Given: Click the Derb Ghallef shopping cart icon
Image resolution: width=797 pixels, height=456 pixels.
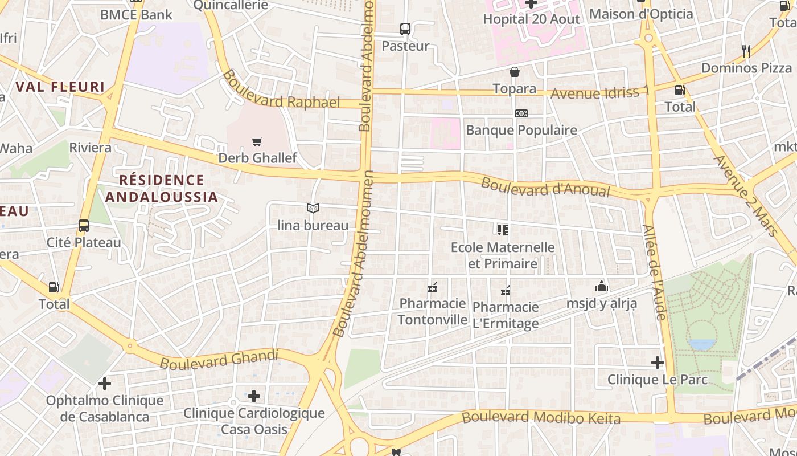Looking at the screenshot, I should (257, 141).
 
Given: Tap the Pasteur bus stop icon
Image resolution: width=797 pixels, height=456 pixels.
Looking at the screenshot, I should (405, 28).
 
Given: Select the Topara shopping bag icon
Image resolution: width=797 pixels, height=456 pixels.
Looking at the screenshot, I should (515, 72).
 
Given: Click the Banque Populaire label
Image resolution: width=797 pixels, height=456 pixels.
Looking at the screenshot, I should (521, 130).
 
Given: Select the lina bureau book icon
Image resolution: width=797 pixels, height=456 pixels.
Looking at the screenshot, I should (313, 209).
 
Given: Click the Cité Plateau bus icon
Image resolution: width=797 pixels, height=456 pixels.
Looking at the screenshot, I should (84, 226).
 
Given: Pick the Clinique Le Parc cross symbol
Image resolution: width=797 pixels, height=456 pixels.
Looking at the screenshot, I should (658, 363).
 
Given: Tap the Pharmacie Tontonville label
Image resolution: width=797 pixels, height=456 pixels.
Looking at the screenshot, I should (433, 311).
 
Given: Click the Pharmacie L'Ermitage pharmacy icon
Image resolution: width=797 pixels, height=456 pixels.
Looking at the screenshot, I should (506, 291).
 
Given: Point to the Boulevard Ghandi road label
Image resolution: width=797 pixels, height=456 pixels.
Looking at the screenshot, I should (219, 360).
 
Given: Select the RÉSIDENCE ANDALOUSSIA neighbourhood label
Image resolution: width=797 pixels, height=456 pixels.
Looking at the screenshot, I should (162, 189).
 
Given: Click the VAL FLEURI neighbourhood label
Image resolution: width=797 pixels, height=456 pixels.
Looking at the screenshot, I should (60, 87).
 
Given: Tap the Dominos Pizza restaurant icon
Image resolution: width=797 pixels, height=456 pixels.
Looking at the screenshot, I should (746, 51).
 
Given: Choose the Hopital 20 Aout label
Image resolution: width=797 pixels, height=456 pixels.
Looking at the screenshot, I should (531, 19).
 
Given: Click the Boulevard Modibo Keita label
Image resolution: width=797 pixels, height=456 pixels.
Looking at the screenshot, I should (541, 418).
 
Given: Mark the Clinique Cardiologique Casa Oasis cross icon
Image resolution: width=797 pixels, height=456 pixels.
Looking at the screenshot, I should (254, 396).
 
